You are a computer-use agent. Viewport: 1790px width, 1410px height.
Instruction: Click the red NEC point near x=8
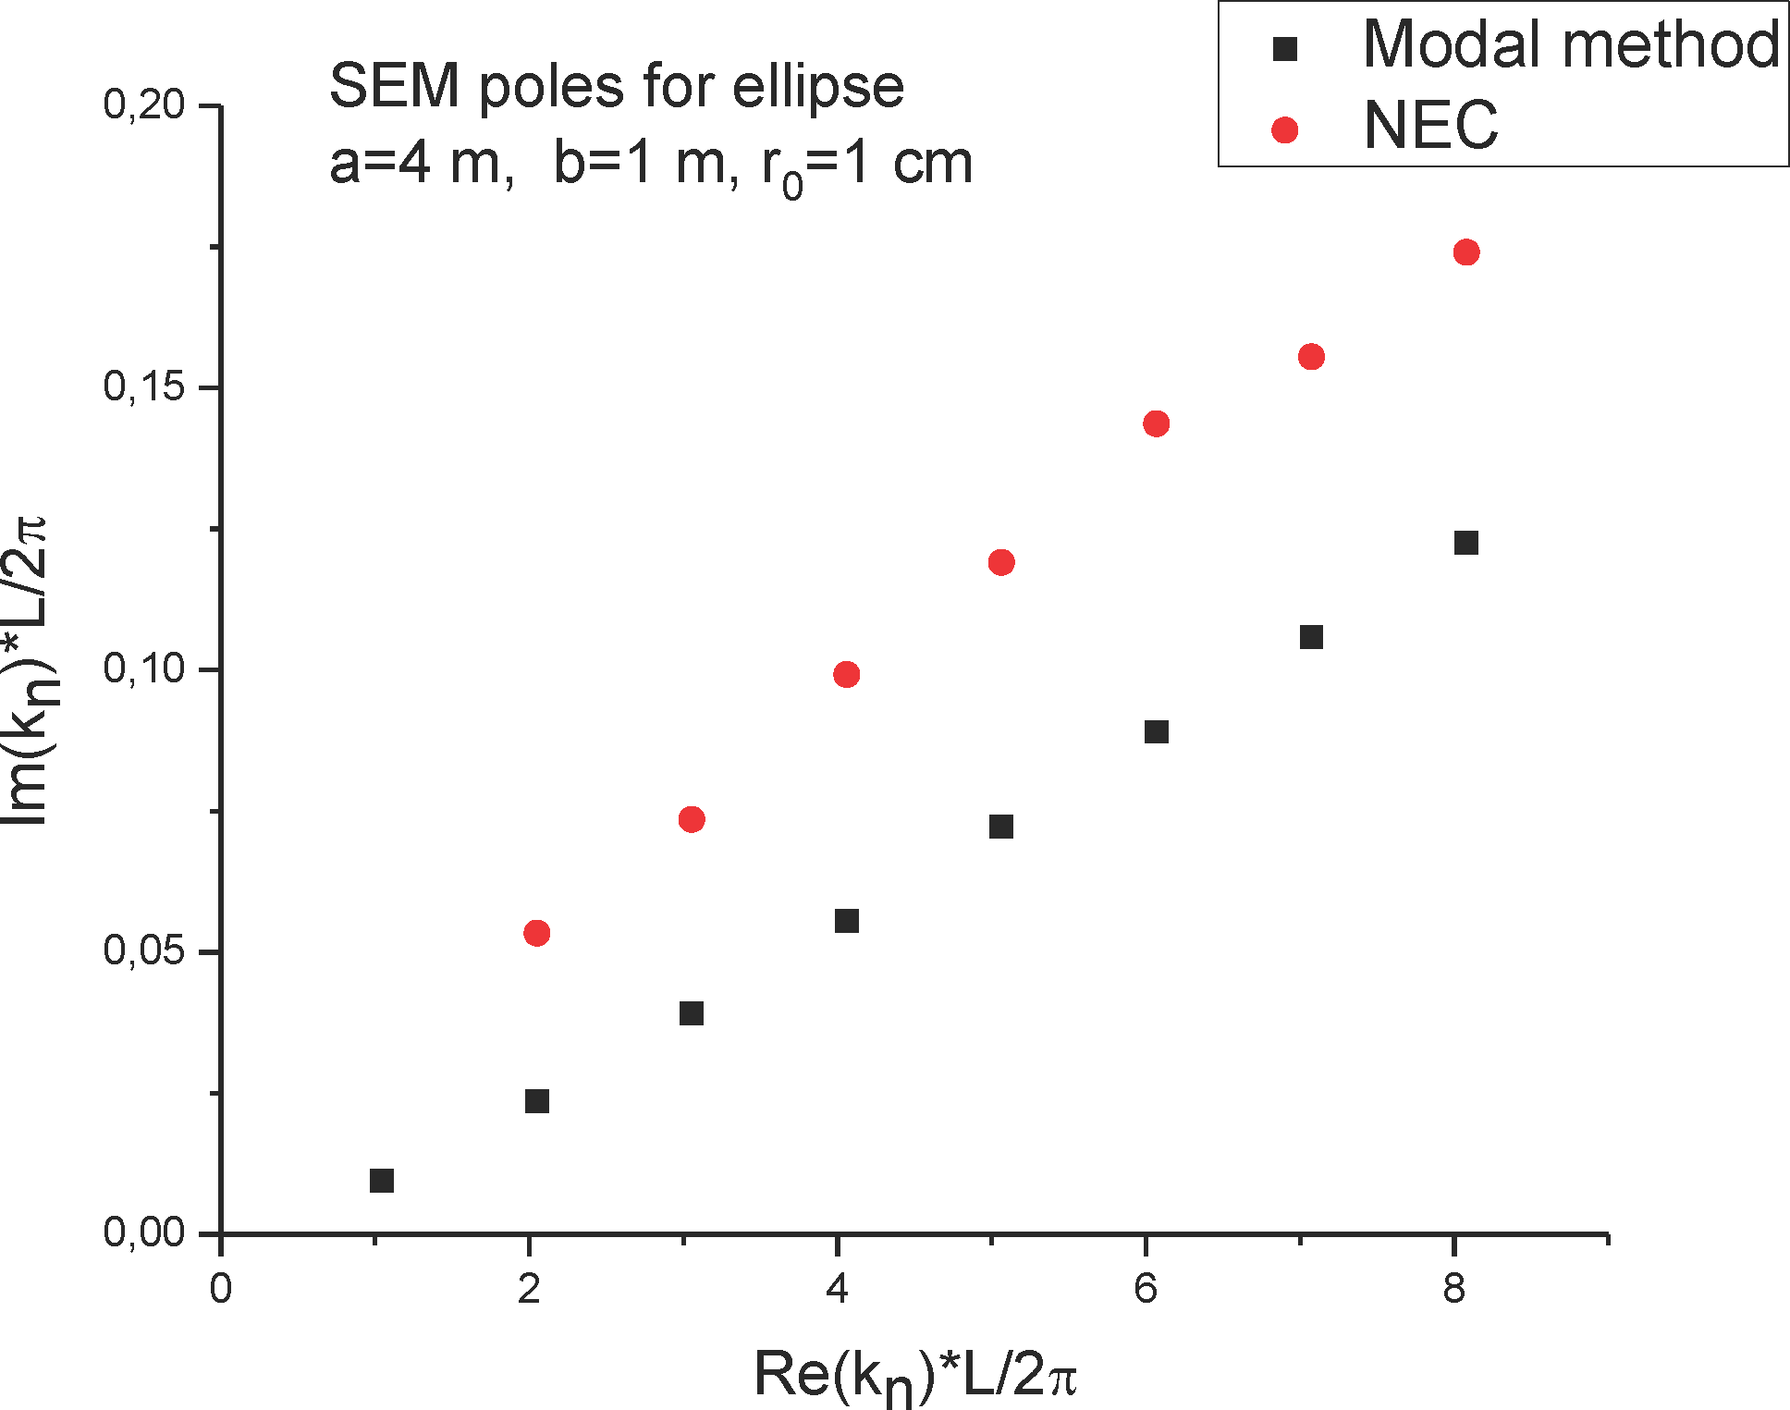(1465, 252)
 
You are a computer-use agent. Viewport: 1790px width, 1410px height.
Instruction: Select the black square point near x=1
(382, 1181)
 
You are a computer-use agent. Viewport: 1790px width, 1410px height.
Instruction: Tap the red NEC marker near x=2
(536, 933)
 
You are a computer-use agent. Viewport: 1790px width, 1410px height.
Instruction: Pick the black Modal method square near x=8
(1465, 543)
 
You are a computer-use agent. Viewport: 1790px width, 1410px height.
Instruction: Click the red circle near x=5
(1000, 562)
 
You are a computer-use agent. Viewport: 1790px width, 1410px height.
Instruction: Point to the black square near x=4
(846, 921)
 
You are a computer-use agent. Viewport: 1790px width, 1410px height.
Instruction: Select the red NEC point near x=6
(1156, 423)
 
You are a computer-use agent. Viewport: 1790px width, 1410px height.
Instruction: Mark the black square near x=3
(691, 1013)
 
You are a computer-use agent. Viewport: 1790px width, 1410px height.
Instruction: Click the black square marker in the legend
(1284, 49)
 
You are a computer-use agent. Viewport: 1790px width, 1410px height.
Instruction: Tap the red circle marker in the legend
(1284, 130)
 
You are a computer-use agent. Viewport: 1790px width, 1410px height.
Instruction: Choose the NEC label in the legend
(1430, 126)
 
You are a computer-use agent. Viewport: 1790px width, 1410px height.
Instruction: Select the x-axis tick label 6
(1146, 1288)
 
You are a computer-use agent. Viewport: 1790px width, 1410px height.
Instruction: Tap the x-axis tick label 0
(220, 1288)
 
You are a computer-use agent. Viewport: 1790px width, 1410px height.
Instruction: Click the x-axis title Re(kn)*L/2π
(915, 1375)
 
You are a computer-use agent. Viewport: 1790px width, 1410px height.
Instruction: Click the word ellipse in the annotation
(817, 87)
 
